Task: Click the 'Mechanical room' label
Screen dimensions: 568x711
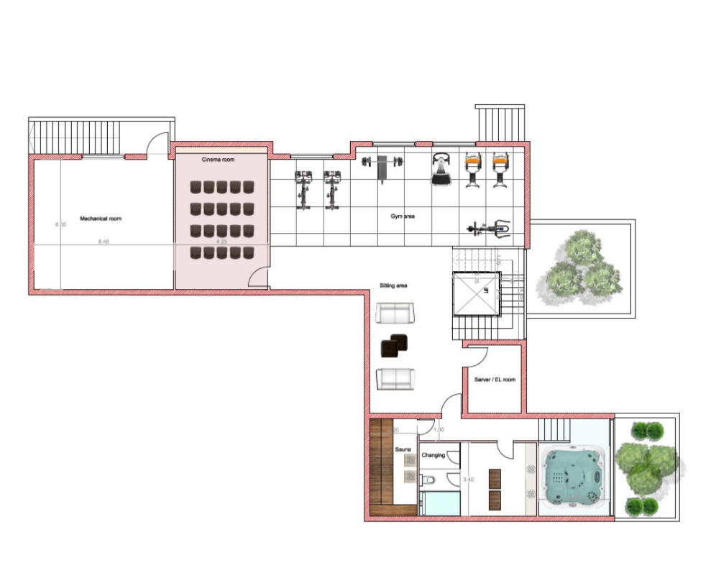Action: pos(100,218)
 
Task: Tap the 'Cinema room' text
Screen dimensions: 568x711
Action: pos(218,159)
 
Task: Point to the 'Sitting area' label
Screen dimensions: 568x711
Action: pos(393,285)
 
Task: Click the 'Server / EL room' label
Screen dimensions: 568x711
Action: pos(495,380)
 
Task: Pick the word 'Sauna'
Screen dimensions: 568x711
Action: pos(403,449)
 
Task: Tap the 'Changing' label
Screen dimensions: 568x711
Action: pos(434,455)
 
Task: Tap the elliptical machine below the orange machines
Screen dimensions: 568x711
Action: pos(488,229)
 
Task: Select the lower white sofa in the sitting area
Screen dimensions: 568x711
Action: pos(395,378)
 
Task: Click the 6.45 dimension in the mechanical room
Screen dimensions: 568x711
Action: pos(104,242)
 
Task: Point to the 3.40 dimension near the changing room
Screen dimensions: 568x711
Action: pos(468,480)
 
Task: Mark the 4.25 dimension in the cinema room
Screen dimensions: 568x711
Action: pos(221,242)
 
